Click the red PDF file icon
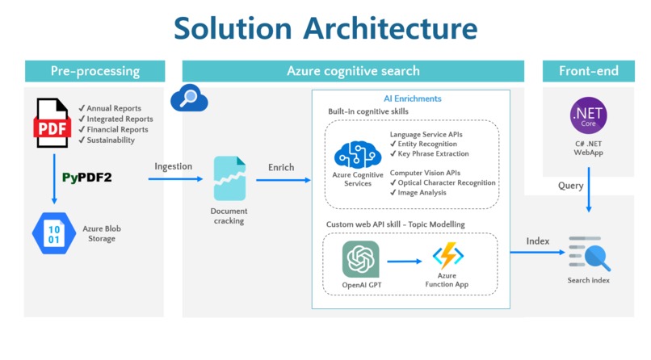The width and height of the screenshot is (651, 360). pyautogui.click(x=52, y=123)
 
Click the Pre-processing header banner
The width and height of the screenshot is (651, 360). pyautogui.click(x=94, y=71)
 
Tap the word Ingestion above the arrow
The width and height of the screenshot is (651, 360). pyautogui.click(x=174, y=166)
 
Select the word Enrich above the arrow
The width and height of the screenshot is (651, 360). pyautogui.click(x=281, y=167)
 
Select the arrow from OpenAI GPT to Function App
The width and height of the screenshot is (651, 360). pyautogui.click(x=406, y=261)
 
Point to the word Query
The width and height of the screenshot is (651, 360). pyautogui.click(x=570, y=186)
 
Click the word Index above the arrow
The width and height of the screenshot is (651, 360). pyautogui.click(x=538, y=241)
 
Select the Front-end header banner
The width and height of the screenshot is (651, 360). pyautogui.click(x=588, y=71)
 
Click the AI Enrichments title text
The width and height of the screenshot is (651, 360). pyautogui.click(x=412, y=98)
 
